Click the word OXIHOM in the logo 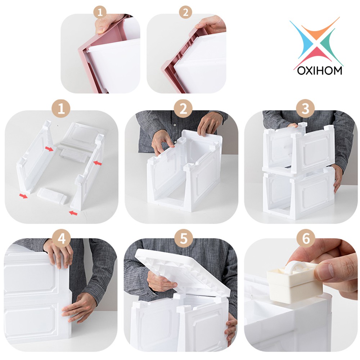point(320,70)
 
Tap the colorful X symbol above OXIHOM point(316,42)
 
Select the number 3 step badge point(305,108)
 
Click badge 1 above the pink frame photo point(100,12)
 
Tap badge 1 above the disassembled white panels point(61,108)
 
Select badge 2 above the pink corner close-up point(185,12)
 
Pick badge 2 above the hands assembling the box point(183,108)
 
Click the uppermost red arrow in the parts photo point(49,149)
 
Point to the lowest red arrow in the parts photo point(73,213)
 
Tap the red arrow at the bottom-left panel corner point(23,196)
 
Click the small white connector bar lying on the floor point(52,195)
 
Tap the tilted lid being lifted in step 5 point(183,273)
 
